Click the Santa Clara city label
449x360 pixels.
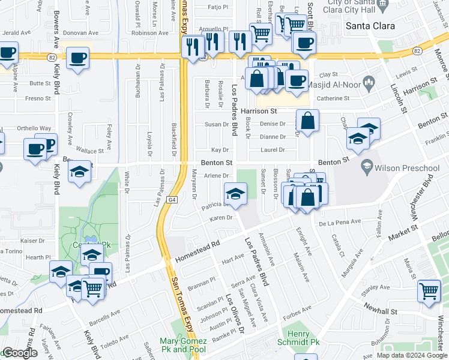point(371,26)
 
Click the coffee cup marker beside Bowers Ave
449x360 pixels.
point(77,58)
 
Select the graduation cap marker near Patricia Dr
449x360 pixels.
point(236,193)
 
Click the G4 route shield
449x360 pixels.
point(173,199)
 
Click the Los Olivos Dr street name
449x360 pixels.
point(235,314)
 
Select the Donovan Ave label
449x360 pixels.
point(81,33)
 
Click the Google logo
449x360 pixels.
point(20,353)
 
